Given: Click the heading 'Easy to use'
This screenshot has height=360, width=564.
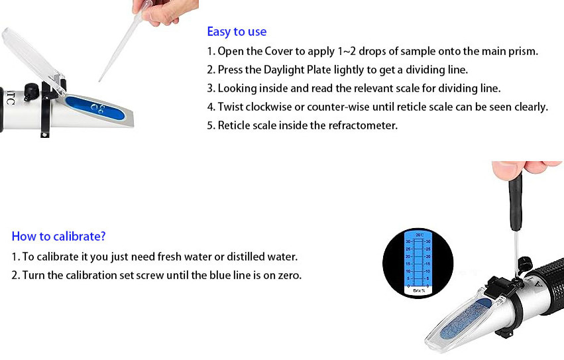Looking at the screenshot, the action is click(237, 32).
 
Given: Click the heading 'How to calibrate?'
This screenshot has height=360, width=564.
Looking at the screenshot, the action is click(58, 236).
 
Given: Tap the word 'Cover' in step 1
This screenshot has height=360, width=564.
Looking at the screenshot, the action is click(279, 51).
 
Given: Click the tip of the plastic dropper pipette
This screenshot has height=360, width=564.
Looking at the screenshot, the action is click(99, 81).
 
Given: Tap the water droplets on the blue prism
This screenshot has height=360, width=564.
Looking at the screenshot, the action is click(98, 108).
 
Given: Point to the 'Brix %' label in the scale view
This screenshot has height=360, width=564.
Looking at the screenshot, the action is click(419, 290).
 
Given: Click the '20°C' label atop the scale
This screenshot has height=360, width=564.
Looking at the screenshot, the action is click(420, 235).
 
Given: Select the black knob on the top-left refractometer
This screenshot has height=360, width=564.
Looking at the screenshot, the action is click(31, 91).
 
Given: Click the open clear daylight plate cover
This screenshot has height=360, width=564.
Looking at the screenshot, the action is click(32, 61).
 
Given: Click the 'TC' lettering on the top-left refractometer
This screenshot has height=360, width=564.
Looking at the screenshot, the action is click(10, 97).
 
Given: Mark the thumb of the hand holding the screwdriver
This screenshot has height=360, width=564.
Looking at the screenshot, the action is click(506, 169).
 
